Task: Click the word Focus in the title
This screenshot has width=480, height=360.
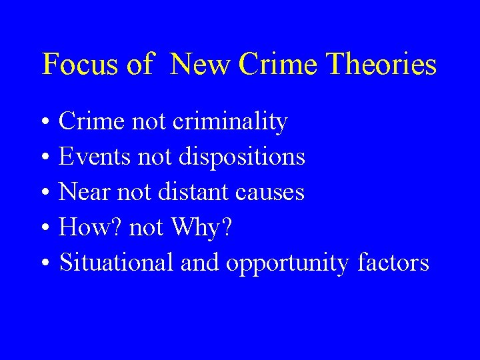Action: (x=75, y=65)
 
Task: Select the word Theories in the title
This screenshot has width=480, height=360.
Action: (x=383, y=65)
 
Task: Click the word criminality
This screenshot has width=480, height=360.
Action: (x=230, y=122)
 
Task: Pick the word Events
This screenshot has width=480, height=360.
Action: (x=95, y=157)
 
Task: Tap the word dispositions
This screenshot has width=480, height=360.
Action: (x=243, y=157)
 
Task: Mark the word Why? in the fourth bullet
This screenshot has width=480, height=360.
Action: (x=201, y=227)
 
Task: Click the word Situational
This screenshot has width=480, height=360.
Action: (x=117, y=263)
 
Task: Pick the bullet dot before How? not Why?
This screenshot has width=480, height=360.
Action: (x=43, y=229)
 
